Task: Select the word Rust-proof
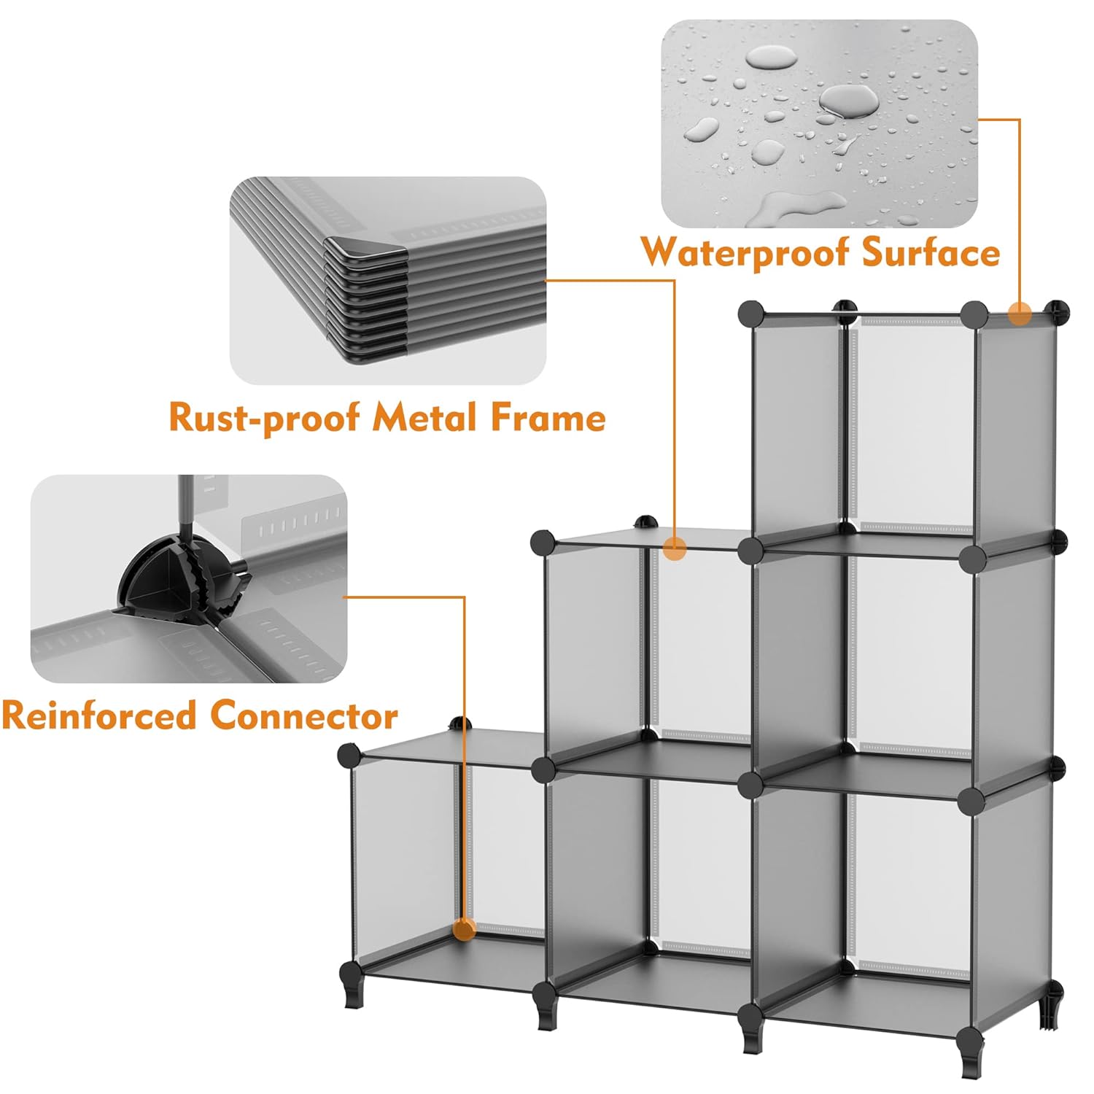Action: click(x=264, y=418)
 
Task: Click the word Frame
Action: click(x=547, y=418)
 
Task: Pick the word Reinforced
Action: click(x=99, y=715)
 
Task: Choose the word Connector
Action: click(x=304, y=715)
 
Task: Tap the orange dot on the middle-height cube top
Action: click(x=676, y=548)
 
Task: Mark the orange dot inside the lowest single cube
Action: click(x=465, y=929)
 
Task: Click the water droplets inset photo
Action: click(x=819, y=123)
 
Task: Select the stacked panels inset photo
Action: click(x=388, y=280)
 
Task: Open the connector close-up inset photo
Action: click(x=188, y=578)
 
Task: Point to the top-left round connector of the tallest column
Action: click(x=750, y=314)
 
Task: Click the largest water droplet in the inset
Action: click(x=848, y=100)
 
